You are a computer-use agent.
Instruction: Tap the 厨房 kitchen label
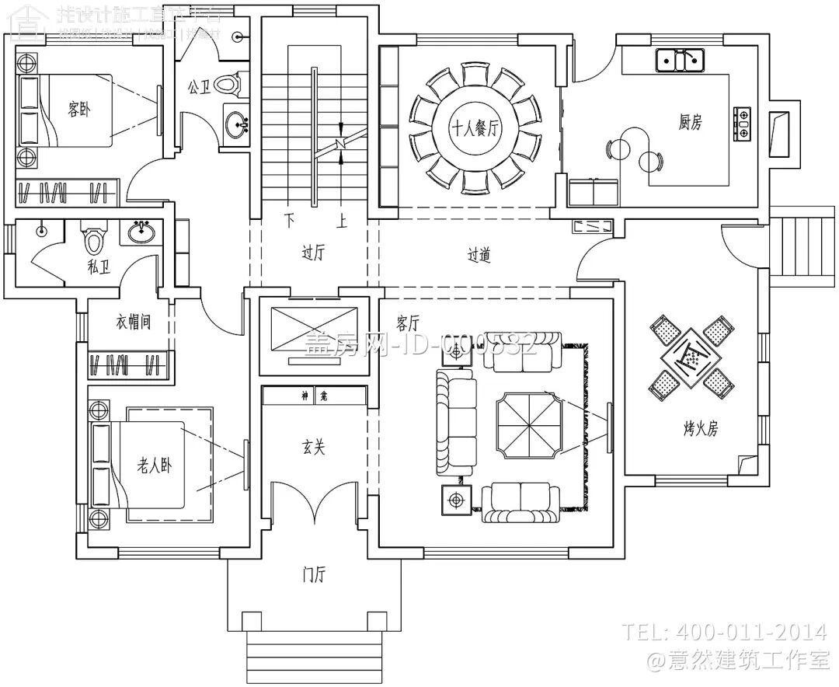[x=690, y=122]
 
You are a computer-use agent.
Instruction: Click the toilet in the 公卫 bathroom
[x=228, y=82]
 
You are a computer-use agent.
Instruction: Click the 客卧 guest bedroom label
[x=78, y=110]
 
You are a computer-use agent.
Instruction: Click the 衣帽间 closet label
[x=133, y=323]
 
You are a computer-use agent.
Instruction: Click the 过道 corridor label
[x=479, y=255]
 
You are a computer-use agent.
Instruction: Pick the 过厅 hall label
[x=312, y=253]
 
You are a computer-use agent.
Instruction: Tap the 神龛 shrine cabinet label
[x=313, y=396]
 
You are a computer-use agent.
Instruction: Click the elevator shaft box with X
[x=312, y=333]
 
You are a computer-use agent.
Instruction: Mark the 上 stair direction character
[x=340, y=221]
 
